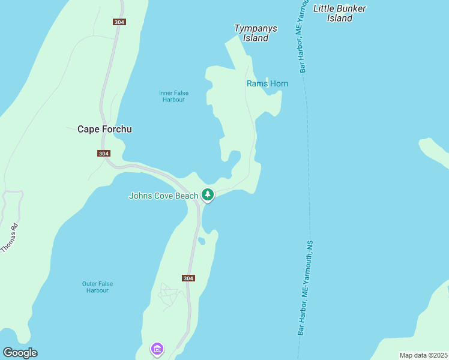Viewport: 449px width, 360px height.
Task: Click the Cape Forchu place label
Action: pos(104,129)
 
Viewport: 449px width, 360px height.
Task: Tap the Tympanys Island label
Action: pos(251,33)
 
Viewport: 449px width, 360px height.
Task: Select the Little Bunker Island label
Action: pos(340,13)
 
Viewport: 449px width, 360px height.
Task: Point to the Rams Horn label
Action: pos(267,83)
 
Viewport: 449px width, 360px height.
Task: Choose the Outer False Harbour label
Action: pos(97,287)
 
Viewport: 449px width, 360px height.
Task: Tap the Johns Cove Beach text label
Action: pos(163,196)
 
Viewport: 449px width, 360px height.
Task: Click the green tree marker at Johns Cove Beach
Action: pos(208,194)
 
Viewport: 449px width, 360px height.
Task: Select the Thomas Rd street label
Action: pos(10,237)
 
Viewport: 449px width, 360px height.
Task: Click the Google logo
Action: pos(20,353)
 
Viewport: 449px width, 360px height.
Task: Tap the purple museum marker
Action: pos(157,348)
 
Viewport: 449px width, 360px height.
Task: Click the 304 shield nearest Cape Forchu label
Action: pos(103,154)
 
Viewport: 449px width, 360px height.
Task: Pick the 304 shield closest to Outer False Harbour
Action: pos(188,278)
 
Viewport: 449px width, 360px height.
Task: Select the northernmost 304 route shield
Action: pos(119,22)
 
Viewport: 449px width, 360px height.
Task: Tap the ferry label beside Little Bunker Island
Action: pos(302,39)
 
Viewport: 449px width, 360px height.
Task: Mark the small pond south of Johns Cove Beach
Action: pos(202,241)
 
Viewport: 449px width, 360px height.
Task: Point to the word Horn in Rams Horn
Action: pos(277,83)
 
